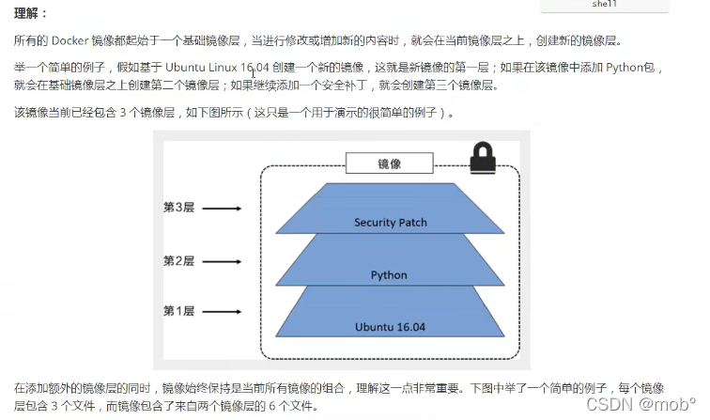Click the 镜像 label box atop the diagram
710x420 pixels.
389,164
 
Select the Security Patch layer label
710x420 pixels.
390,223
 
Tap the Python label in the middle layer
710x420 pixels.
389,275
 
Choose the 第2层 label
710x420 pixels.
178,260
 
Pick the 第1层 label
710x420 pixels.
178,311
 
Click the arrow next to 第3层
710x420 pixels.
224,210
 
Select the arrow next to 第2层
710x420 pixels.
224,260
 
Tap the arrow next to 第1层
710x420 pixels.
224,311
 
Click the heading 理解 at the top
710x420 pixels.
30,14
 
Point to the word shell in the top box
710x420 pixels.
604,4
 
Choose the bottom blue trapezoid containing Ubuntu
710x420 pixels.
389,315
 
